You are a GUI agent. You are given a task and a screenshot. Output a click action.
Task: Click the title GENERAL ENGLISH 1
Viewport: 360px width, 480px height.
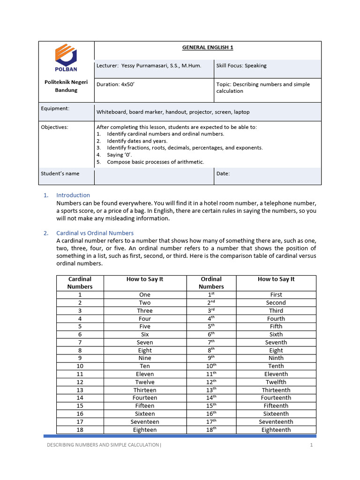[x=208, y=47]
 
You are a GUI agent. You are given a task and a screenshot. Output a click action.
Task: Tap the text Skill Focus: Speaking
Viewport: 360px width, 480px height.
[x=241, y=66]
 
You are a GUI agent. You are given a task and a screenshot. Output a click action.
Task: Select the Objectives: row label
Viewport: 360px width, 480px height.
[x=54, y=127]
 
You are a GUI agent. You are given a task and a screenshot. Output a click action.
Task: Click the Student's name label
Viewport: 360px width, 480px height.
[x=60, y=173]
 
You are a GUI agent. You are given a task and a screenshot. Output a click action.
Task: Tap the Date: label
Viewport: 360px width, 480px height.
[x=223, y=173]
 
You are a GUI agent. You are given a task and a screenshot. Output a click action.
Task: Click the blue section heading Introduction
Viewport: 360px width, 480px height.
[x=73, y=195]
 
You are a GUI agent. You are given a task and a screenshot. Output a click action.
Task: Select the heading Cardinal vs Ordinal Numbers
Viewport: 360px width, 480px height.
[x=95, y=233]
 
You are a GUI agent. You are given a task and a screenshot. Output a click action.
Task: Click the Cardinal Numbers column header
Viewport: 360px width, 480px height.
[x=80, y=283]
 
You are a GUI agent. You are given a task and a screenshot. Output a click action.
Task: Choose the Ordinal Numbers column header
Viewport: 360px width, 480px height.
[x=211, y=283]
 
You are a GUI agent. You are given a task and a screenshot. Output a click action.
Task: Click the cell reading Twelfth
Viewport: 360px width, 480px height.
[x=276, y=382]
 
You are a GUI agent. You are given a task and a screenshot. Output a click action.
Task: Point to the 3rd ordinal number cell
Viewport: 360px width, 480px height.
[x=211, y=310]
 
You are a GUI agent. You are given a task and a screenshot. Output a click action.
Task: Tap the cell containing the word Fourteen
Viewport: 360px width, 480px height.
[x=145, y=398]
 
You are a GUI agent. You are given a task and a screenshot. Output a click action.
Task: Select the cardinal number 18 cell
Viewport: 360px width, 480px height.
[x=80, y=429]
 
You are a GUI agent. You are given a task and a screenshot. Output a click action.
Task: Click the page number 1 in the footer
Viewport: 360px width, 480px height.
[x=311, y=445]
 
